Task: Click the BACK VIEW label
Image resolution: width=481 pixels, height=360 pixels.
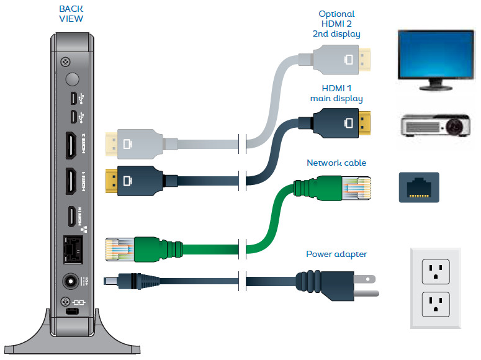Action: click(x=71, y=14)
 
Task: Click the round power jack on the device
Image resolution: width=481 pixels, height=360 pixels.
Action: click(x=72, y=281)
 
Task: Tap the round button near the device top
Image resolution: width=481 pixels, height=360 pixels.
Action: click(x=73, y=79)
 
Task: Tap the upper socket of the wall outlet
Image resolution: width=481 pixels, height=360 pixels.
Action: click(x=435, y=269)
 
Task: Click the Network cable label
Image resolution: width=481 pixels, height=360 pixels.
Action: click(x=336, y=163)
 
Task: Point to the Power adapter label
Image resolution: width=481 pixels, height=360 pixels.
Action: click(x=336, y=254)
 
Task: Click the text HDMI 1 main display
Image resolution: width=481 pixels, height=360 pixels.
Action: click(x=336, y=94)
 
